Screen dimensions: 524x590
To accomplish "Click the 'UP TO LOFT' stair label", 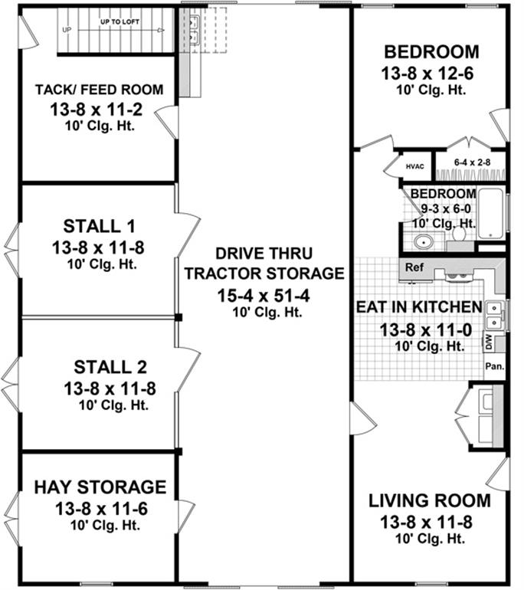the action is pyautogui.click(x=120, y=21).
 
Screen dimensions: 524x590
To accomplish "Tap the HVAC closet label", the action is pyautogui.click(x=415, y=167).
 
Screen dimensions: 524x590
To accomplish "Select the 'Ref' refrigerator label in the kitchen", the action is pyautogui.click(x=414, y=267).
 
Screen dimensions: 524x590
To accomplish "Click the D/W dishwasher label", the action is pyautogui.click(x=489, y=343).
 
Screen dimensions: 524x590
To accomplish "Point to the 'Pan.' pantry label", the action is pyautogui.click(x=495, y=365).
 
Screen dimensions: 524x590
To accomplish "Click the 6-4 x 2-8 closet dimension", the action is pyautogui.click(x=472, y=162).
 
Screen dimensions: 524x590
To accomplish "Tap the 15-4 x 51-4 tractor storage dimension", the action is pyautogui.click(x=264, y=296).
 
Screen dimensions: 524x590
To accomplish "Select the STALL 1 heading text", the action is pyautogui.click(x=99, y=226).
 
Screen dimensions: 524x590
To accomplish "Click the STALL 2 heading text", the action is pyautogui.click(x=110, y=367).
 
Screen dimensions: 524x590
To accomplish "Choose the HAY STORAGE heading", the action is pyautogui.click(x=100, y=487).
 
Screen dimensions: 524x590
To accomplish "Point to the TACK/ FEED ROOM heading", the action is pyautogui.click(x=100, y=90).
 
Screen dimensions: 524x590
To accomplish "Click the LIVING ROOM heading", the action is pyautogui.click(x=430, y=501).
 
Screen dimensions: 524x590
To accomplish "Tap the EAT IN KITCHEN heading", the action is pyautogui.click(x=419, y=307).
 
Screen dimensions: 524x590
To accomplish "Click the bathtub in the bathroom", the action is pyautogui.click(x=490, y=214).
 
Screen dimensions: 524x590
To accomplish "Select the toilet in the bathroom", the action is pyautogui.click(x=460, y=234).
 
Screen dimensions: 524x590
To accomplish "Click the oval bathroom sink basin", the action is pyautogui.click(x=424, y=242).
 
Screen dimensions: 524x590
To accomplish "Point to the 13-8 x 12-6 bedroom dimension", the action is pyautogui.click(x=427, y=74).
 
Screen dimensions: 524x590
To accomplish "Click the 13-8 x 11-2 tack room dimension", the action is pyautogui.click(x=97, y=110).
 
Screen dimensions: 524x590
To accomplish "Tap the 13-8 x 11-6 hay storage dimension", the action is pyautogui.click(x=102, y=509).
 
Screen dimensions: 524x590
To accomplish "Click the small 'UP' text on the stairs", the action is pyautogui.click(x=67, y=30).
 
